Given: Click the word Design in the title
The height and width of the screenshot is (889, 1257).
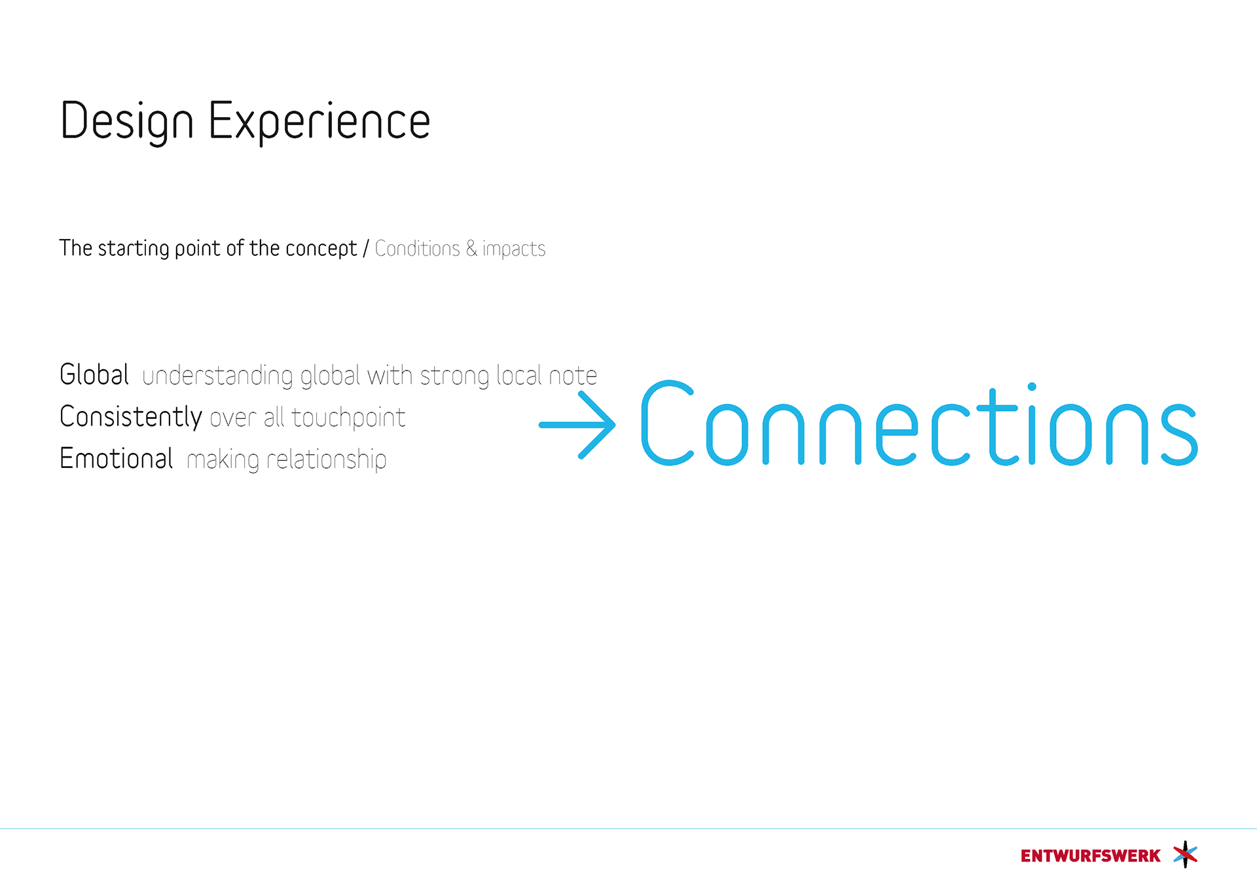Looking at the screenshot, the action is click(127, 121).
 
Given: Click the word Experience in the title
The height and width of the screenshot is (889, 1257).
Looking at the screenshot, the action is click(319, 121).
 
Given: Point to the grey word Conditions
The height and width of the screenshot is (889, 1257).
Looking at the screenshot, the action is click(418, 249).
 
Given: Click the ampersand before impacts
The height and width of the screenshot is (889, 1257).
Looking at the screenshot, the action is click(471, 249).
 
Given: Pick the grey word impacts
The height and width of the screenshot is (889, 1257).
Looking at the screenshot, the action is click(514, 249).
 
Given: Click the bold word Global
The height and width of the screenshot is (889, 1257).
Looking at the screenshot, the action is click(94, 374).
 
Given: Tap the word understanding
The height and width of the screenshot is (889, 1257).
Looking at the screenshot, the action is click(217, 376).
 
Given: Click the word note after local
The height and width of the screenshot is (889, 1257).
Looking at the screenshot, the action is click(573, 376).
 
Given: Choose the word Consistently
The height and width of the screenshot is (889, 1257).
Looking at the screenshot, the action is click(131, 417).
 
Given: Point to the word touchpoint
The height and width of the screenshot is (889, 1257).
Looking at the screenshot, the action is click(348, 418).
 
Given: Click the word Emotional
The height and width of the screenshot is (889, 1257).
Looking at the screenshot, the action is click(117, 458).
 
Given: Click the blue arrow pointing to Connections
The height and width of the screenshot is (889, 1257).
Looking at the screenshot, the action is click(577, 425).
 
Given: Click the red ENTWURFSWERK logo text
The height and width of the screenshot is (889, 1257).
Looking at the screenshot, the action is click(1091, 856).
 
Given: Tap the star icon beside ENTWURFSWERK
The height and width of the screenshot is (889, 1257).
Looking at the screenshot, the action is click(1185, 854).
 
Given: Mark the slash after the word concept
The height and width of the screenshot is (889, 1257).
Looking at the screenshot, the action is click(366, 249).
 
